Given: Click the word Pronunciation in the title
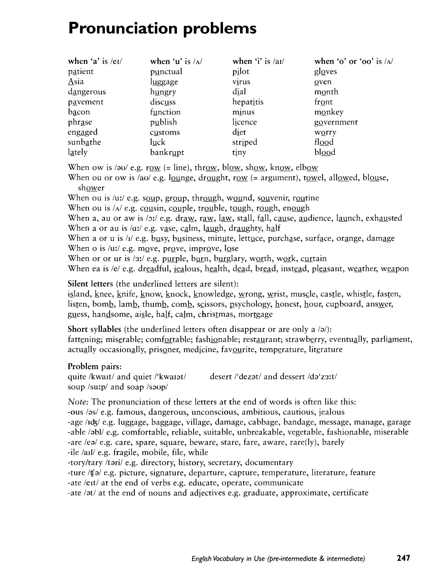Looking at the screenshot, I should (x=123, y=28).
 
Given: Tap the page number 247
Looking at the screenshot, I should (x=403, y=558).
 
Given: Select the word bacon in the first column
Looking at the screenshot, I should (x=79, y=112).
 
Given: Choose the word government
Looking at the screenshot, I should (x=336, y=122).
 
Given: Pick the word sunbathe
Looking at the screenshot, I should (x=84, y=142).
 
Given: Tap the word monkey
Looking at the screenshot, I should (x=328, y=112).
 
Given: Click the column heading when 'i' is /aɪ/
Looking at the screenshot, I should (x=258, y=61).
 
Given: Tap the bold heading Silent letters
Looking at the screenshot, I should (x=90, y=284).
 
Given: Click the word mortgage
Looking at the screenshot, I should (x=255, y=314).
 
